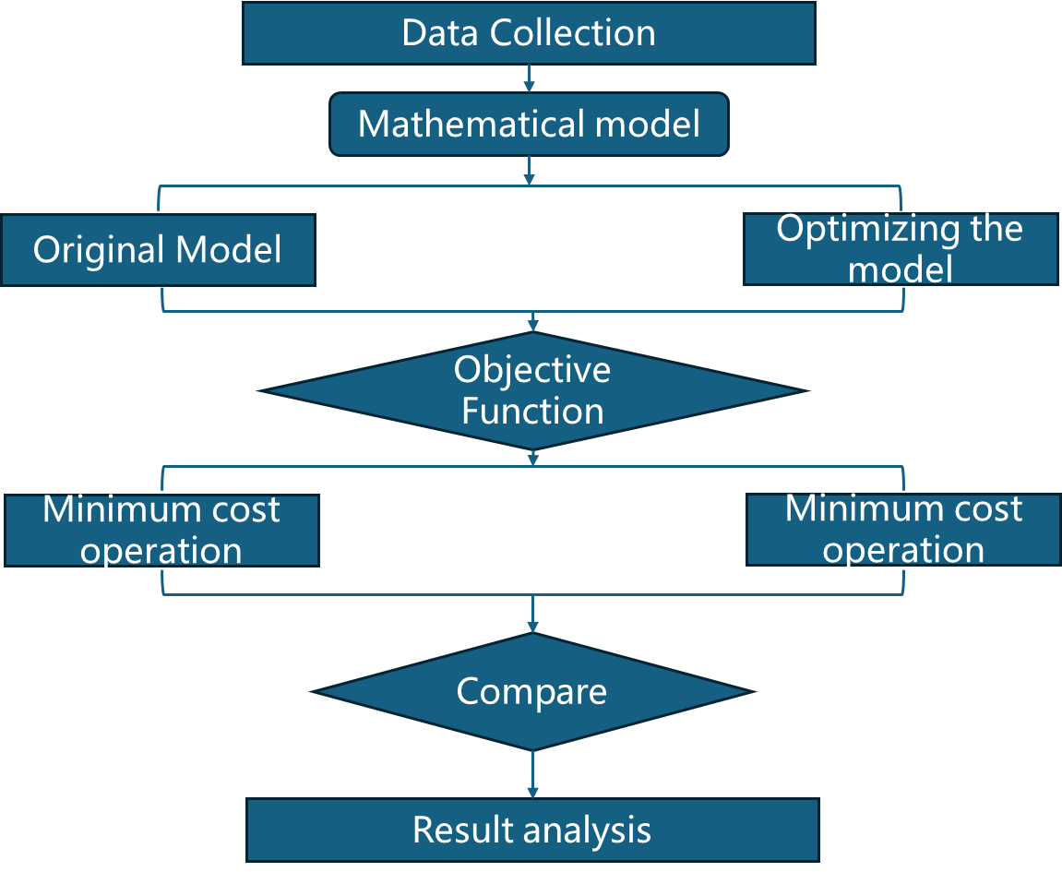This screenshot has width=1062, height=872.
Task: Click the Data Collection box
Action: pyautogui.click(x=529, y=33)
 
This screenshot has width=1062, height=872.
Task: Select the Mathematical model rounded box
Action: pyautogui.click(x=529, y=124)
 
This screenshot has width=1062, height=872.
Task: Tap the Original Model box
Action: pyautogui.click(x=158, y=250)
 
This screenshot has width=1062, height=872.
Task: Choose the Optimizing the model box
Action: pyautogui.click(x=900, y=249)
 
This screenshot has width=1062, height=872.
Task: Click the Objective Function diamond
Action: pyautogui.click(x=532, y=390)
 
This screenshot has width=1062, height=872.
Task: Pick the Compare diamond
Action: pyautogui.click(x=532, y=691)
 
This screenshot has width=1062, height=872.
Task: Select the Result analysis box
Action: pyautogui.click(x=532, y=830)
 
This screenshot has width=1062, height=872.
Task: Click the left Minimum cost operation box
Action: pyautogui.click(x=161, y=531)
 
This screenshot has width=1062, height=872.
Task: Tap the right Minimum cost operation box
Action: pyautogui.click(x=903, y=529)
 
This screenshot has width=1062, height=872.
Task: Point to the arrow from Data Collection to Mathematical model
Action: pyautogui.click(x=529, y=78)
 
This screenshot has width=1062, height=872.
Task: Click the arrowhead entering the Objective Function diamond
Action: pyautogui.click(x=532, y=324)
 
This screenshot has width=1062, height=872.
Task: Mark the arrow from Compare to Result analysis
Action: pyautogui.click(x=532, y=775)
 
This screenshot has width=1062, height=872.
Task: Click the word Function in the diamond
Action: pyautogui.click(x=532, y=411)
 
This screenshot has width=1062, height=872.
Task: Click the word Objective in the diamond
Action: pyautogui.click(x=532, y=370)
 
